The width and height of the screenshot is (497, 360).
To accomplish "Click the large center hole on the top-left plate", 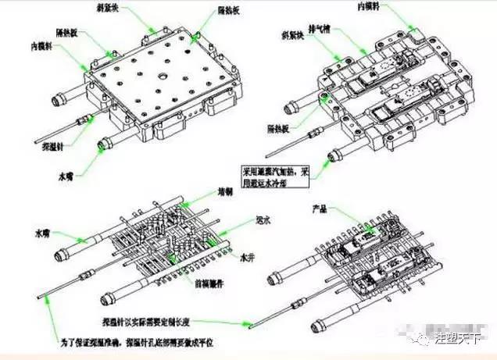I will tap(159, 77).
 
